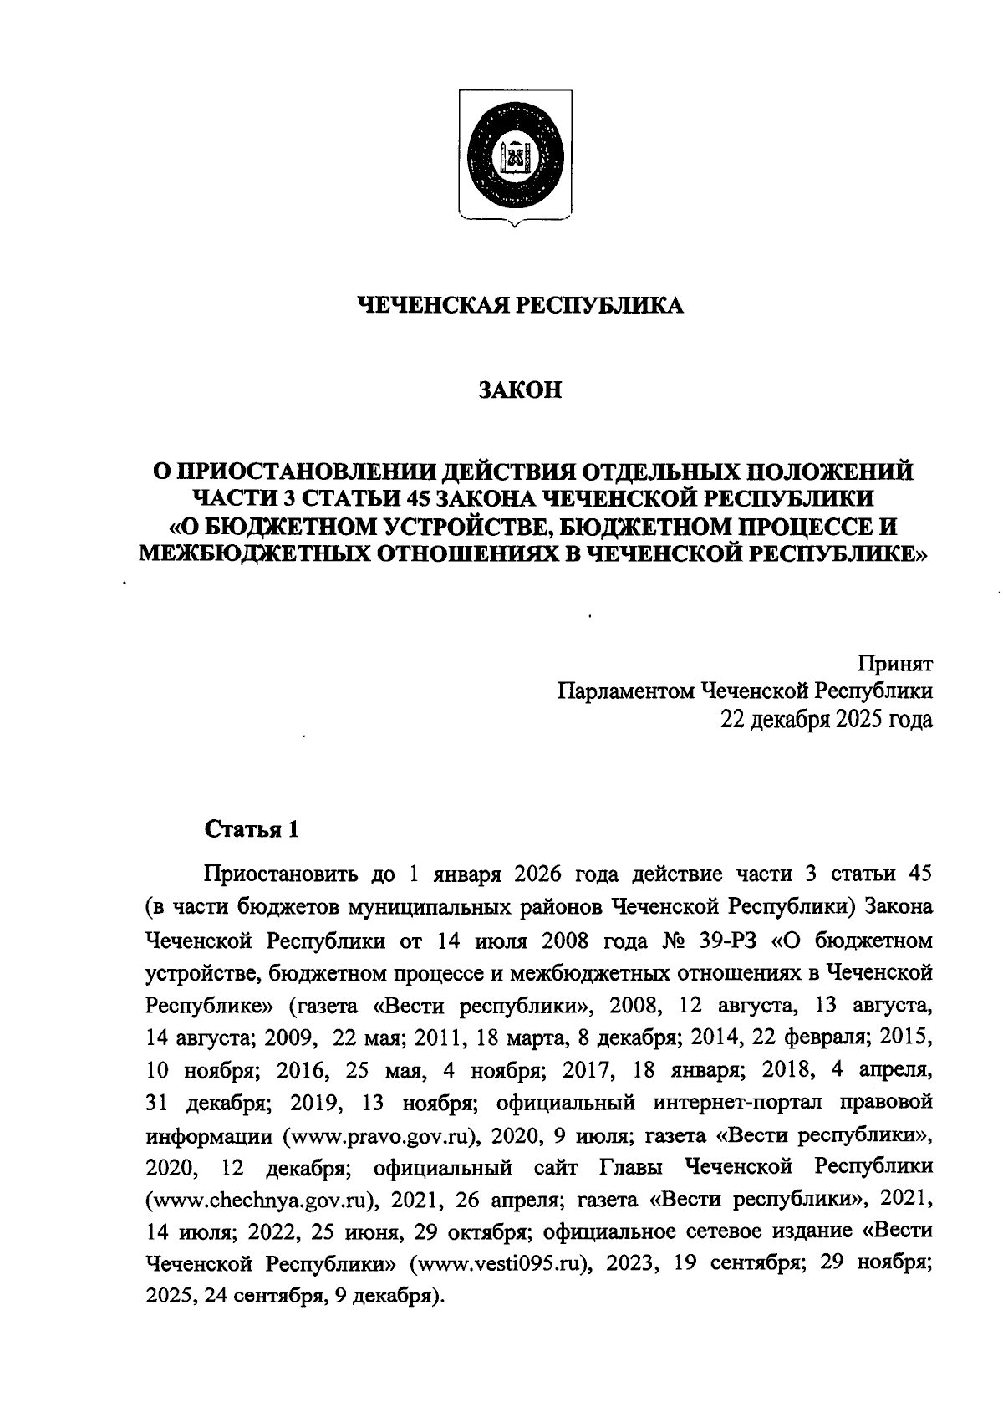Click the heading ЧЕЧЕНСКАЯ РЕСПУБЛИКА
(x=520, y=306)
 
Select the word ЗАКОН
(x=519, y=390)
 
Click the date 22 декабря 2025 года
(x=827, y=719)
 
